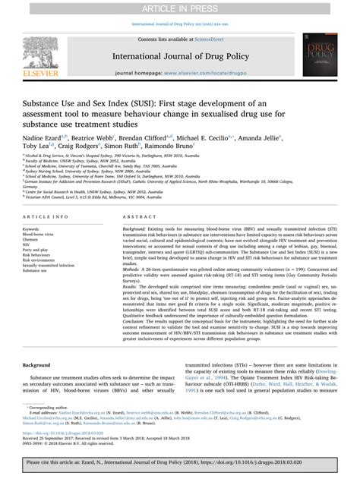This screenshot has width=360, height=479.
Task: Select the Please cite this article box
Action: (179, 464)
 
